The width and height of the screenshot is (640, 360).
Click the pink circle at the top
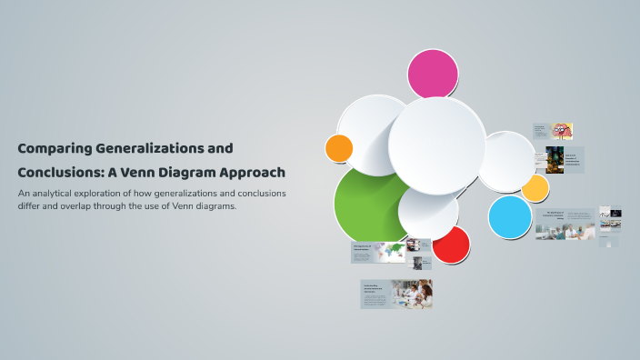433,74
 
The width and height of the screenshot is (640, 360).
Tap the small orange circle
339,148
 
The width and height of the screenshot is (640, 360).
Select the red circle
451,245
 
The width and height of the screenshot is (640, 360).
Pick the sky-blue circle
509,217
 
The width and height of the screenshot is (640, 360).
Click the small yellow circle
535,188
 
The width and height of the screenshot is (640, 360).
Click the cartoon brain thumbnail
561,131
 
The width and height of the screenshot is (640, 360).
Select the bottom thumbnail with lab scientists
412,293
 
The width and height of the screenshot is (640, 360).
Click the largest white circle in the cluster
436,145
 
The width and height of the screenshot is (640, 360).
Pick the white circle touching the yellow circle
505,161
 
